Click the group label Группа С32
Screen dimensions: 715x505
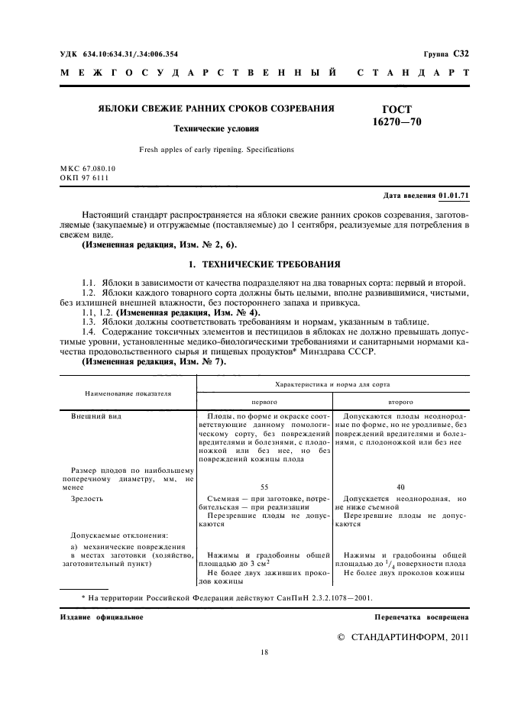445,55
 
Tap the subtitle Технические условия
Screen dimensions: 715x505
216,128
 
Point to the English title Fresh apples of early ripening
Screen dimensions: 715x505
216,150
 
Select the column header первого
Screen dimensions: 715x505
264,400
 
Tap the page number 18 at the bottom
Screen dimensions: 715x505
264,652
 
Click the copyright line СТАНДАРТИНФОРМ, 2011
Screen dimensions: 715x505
403,636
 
